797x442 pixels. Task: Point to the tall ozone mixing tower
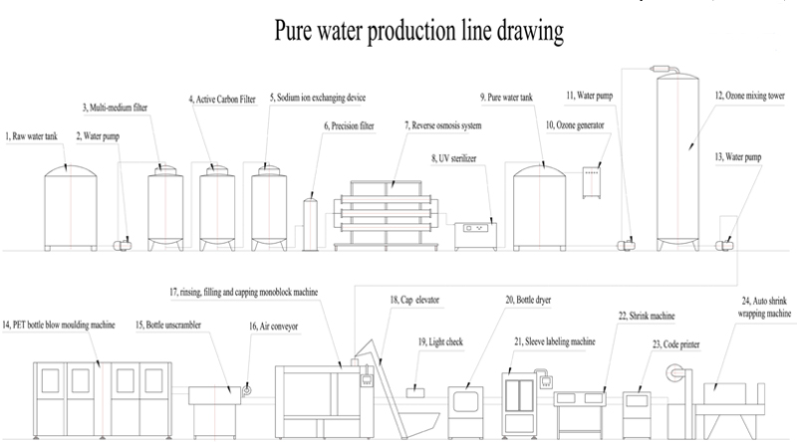[689, 159]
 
